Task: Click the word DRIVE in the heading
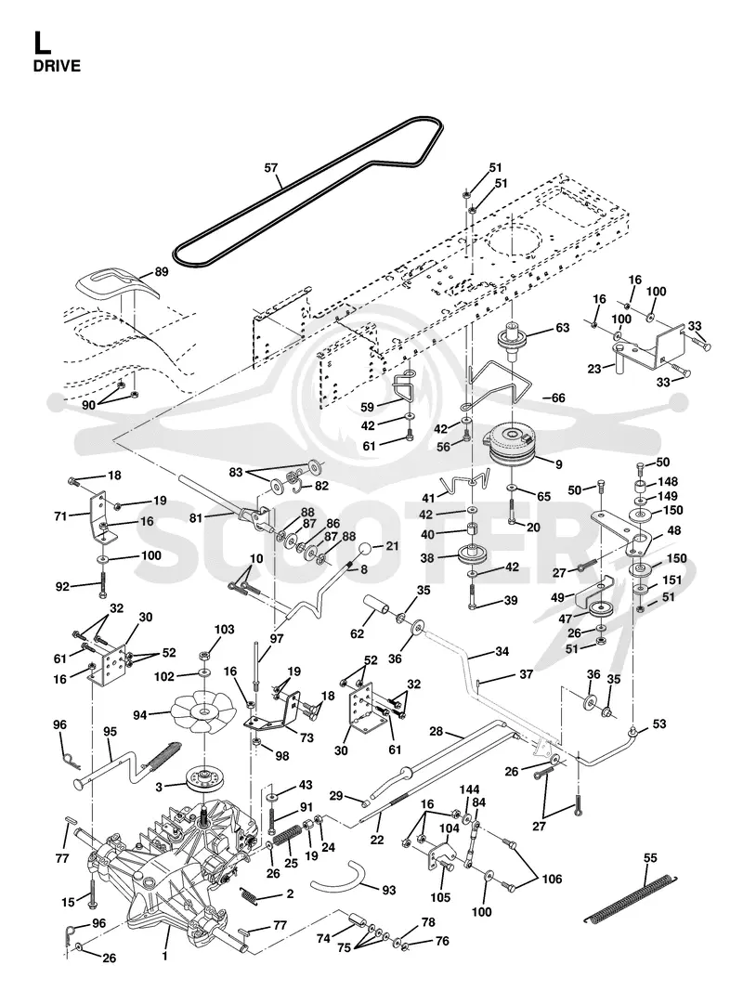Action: click(57, 66)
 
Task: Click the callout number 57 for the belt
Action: click(271, 168)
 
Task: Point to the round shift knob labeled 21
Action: click(366, 550)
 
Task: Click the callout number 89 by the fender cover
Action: click(162, 272)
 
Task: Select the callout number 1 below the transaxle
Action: click(165, 957)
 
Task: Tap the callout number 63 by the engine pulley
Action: click(562, 327)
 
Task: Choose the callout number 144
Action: click(469, 789)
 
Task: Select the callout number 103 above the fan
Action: click(224, 630)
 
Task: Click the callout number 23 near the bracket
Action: click(593, 369)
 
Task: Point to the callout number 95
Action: click(110, 732)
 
